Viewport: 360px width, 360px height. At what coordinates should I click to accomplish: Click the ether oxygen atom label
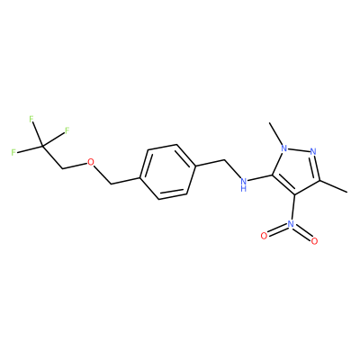pyautogui.click(x=90, y=163)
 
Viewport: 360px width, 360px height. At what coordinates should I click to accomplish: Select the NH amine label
pyautogui.click(x=244, y=184)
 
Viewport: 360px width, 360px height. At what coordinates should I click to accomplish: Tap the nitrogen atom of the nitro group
pyautogui.click(x=290, y=223)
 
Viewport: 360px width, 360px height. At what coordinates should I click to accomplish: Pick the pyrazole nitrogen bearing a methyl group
pyautogui.click(x=284, y=148)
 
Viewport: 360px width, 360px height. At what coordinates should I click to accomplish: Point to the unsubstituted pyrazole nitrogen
pyautogui.click(x=313, y=151)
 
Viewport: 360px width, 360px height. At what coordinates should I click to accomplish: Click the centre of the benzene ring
pyautogui.click(x=168, y=172)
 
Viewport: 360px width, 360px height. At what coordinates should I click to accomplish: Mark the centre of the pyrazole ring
pyautogui.click(x=298, y=169)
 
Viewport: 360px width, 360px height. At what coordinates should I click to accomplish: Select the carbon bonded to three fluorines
pyautogui.click(x=42, y=146)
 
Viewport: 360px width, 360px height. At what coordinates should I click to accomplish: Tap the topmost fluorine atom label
pyautogui.click(x=31, y=120)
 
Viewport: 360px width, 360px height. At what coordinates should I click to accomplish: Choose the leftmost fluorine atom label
pyautogui.click(x=13, y=152)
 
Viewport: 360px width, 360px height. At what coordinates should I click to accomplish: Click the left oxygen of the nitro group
pyautogui.click(x=264, y=236)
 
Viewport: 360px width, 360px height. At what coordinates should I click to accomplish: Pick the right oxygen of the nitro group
pyautogui.click(x=314, y=241)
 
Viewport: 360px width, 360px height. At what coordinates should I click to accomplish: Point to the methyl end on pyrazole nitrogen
pyautogui.click(x=270, y=122)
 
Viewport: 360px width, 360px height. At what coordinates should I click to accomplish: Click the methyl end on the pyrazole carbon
pyautogui.click(x=347, y=192)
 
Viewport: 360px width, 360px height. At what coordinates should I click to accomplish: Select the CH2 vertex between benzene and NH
pyautogui.click(x=224, y=160)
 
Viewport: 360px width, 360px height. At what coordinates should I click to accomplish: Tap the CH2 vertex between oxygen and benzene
pyautogui.click(x=112, y=184)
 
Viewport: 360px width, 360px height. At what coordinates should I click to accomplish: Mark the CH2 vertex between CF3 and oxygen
pyautogui.click(x=62, y=168)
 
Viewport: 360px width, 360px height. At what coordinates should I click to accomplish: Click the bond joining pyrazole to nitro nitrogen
pyautogui.click(x=292, y=207)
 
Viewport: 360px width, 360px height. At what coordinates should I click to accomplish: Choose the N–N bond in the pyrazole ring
pyautogui.click(x=299, y=149)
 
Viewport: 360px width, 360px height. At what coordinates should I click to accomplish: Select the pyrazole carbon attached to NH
pyautogui.click(x=273, y=175)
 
